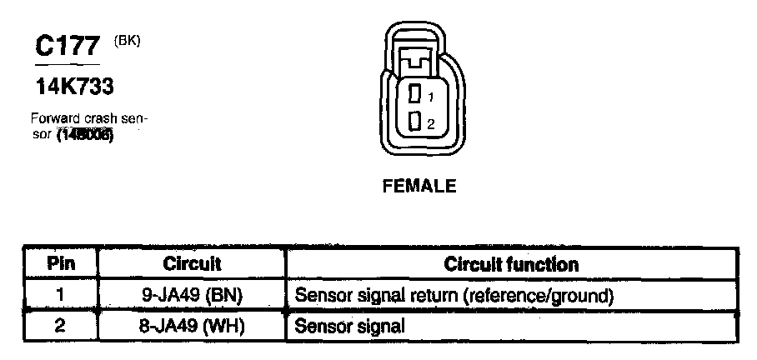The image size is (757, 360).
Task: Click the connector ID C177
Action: tap(68, 47)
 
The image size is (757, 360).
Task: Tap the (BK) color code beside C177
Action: tap(128, 39)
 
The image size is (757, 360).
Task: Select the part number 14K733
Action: tap(75, 86)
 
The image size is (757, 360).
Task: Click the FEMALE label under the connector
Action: tap(419, 187)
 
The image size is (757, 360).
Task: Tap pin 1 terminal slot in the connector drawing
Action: tap(414, 96)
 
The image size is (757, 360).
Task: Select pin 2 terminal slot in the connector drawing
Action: tap(414, 122)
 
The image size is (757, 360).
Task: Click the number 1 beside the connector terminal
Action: tap(431, 97)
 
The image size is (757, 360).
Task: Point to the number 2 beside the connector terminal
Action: tap(431, 123)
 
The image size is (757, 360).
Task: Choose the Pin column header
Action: tap(60, 265)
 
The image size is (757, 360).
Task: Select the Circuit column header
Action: tap(192, 265)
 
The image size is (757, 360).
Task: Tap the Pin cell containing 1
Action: tap(60, 295)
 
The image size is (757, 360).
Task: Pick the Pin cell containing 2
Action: tap(60, 326)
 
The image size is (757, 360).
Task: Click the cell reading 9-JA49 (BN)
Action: tap(193, 295)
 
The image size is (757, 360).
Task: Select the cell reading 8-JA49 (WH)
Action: tap(193, 326)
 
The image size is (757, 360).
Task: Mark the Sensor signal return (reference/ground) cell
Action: tap(454, 295)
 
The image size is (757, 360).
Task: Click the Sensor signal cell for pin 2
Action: tap(350, 326)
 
